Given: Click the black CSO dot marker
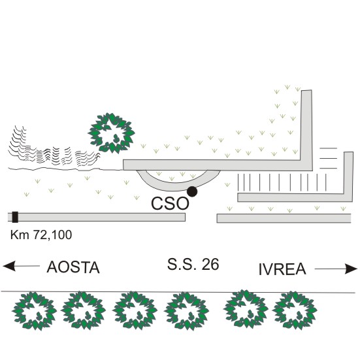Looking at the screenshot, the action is click(x=192, y=191).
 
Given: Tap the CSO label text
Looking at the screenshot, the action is click(x=170, y=204).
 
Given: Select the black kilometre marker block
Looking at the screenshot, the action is click(x=15, y=217).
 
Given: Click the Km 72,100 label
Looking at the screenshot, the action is click(x=41, y=235).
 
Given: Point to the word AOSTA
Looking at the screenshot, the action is click(x=73, y=267).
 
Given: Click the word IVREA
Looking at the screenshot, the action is click(x=282, y=269).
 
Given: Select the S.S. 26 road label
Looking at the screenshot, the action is click(x=193, y=264).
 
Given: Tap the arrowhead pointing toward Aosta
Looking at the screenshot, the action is click(x=9, y=266).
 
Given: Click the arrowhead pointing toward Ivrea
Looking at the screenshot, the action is click(x=352, y=269).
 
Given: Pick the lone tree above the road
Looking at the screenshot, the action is click(x=111, y=133).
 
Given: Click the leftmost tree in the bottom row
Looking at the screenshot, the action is click(x=34, y=311).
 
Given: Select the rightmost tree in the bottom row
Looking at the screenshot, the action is click(x=295, y=310).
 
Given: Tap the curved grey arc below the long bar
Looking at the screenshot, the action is click(x=178, y=186).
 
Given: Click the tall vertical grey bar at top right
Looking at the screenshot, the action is click(x=306, y=130).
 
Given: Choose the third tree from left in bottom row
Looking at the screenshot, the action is click(x=135, y=310).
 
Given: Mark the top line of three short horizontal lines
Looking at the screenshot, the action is click(x=329, y=148).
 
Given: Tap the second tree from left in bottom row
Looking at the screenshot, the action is click(x=84, y=310).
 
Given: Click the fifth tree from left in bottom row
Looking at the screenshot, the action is click(x=246, y=308).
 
